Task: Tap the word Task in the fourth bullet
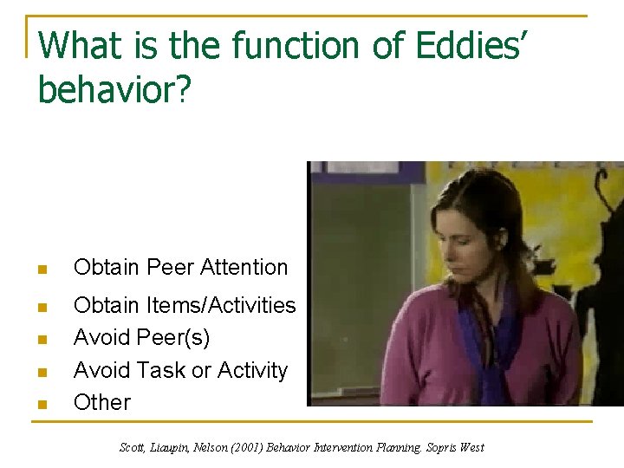tap(160, 370)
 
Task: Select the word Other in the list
tap(102, 402)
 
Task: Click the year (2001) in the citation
tap(240, 447)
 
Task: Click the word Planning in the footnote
tap(391, 447)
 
